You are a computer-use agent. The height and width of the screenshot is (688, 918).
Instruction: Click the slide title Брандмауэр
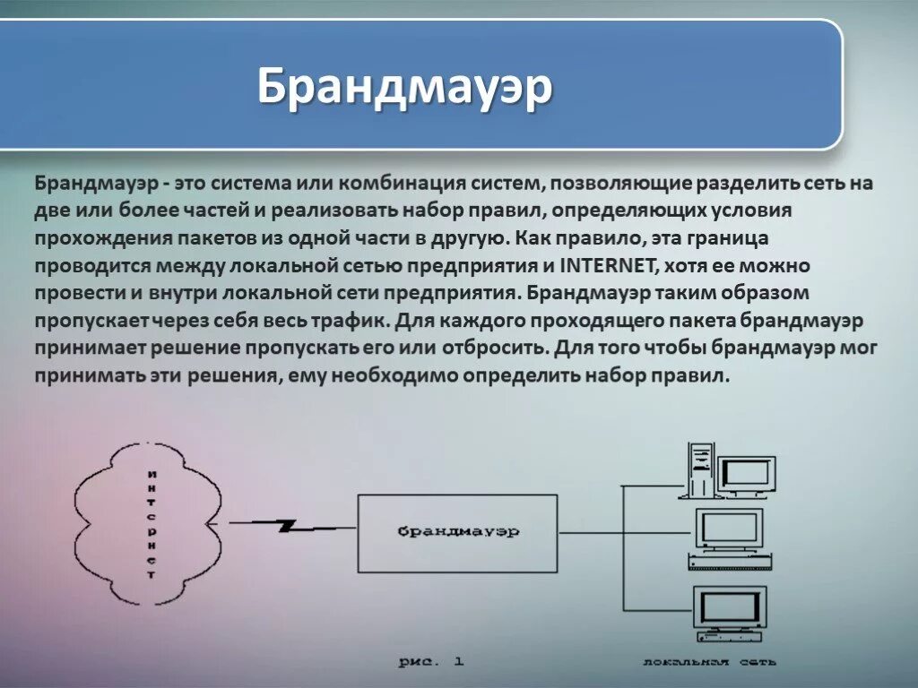(x=404, y=87)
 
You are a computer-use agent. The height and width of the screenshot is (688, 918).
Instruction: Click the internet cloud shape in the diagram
(x=149, y=524)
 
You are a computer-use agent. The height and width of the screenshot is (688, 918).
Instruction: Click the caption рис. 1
(x=431, y=661)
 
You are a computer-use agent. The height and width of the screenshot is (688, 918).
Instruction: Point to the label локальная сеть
(x=709, y=662)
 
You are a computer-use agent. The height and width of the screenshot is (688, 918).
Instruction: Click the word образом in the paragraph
(x=770, y=293)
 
